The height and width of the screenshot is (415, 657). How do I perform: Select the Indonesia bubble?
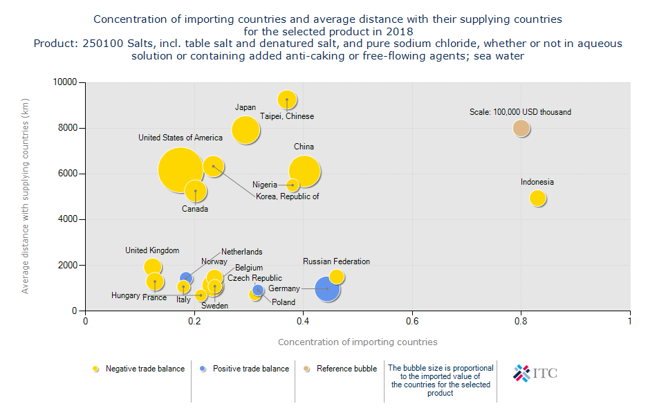click(x=538, y=198)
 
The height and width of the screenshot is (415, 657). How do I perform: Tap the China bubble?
click(x=304, y=172)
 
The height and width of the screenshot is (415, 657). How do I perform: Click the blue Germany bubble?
click(x=327, y=288)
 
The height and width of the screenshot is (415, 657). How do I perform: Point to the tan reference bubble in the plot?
click(x=521, y=128)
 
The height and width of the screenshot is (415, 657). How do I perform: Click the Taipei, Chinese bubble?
click(x=287, y=100)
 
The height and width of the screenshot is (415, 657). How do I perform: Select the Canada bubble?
click(x=196, y=190)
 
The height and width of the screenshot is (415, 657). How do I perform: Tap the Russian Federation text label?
click(x=336, y=261)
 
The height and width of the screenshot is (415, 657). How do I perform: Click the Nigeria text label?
click(x=265, y=185)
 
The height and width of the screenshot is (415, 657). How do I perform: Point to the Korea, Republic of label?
click(x=288, y=196)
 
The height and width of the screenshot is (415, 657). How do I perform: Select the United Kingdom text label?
click(x=152, y=250)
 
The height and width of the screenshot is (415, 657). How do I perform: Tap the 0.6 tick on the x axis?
click(x=412, y=321)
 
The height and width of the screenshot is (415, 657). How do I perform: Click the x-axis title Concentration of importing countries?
click(x=358, y=342)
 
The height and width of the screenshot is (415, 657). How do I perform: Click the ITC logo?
click(x=535, y=373)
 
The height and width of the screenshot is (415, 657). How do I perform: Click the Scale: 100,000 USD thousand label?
click(x=521, y=112)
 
